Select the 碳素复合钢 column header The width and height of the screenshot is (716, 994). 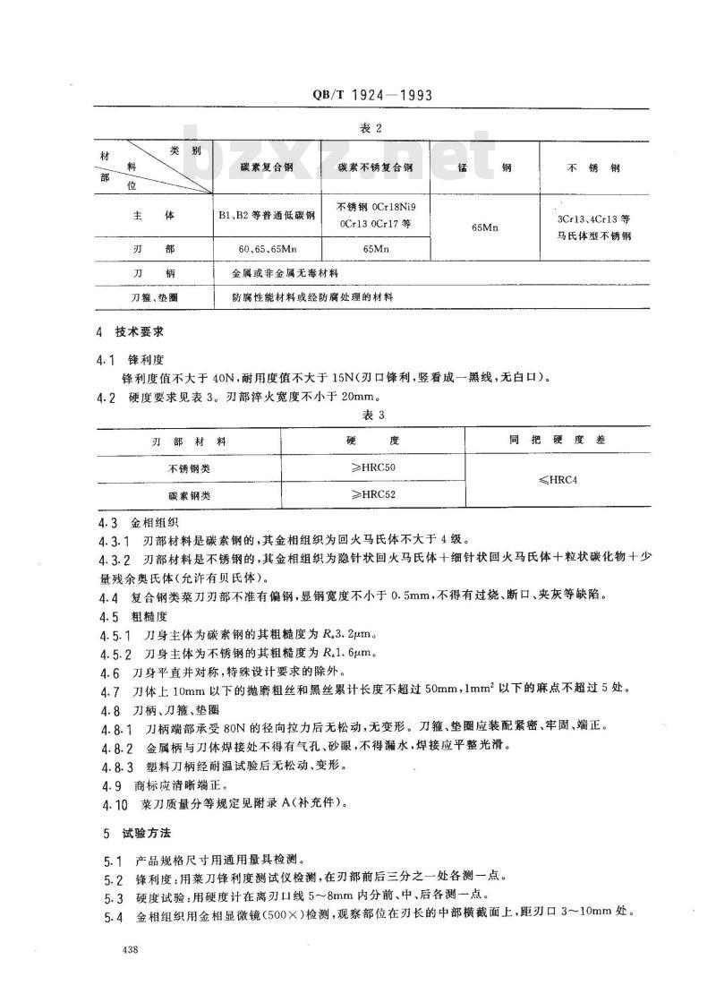click(266, 167)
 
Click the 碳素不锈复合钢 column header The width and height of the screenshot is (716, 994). click(374, 167)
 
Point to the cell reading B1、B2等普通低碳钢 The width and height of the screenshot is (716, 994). click(266, 216)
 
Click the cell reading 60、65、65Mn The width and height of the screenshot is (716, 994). click(266, 246)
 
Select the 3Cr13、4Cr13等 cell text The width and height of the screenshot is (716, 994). click(594, 218)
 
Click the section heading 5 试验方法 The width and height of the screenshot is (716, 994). click(128, 834)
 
